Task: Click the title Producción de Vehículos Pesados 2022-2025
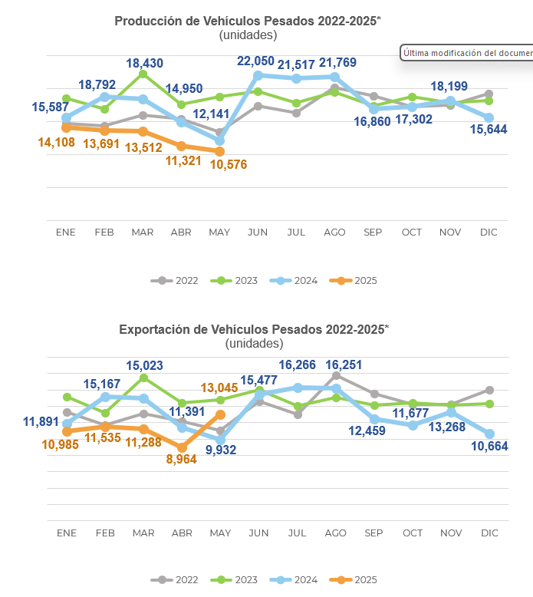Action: click(248, 21)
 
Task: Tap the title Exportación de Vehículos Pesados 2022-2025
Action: click(254, 329)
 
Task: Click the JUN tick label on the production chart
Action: click(258, 232)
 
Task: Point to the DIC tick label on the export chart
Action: click(489, 533)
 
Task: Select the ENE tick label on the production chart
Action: click(66, 232)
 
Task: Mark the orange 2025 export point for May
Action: click(220, 414)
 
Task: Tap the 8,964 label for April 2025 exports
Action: click(181, 459)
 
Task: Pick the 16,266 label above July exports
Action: click(298, 366)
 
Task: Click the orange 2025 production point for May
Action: click(220, 151)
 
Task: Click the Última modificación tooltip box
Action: click(466, 53)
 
